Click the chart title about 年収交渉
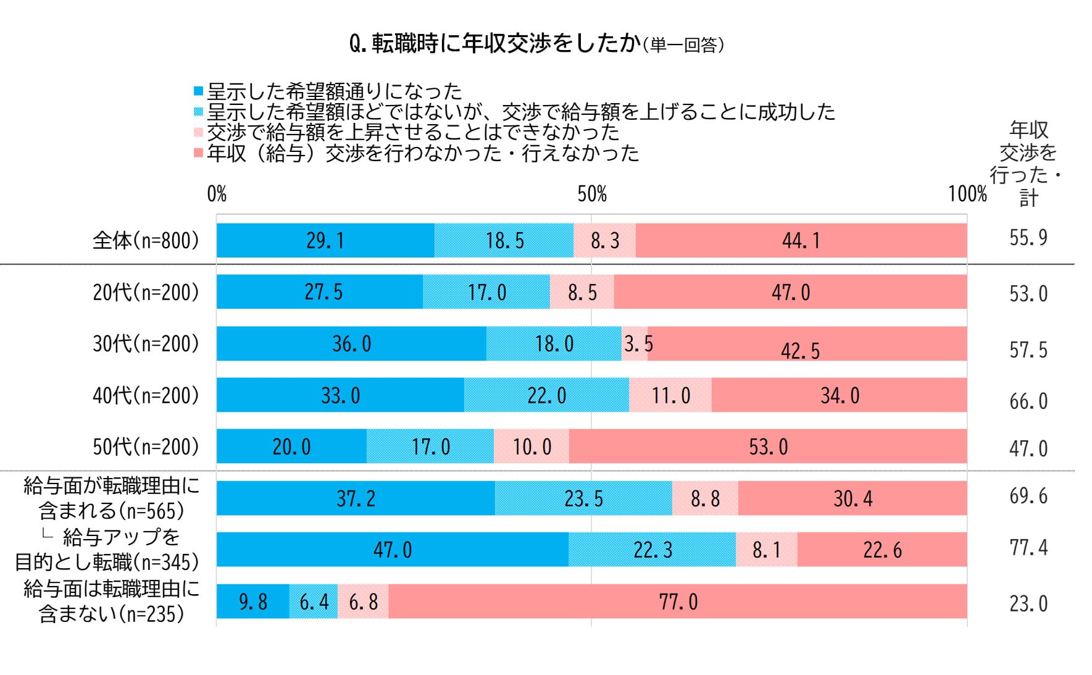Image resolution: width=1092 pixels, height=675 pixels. pyautogui.click(x=536, y=44)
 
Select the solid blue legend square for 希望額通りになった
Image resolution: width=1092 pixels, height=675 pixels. pyautogui.click(x=198, y=91)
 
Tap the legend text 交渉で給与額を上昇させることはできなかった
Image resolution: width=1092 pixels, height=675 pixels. pyautogui.click(x=412, y=132)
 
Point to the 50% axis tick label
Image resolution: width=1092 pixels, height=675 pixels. pyautogui.click(x=591, y=194)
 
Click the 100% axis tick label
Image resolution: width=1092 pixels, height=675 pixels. pyautogui.click(x=967, y=194)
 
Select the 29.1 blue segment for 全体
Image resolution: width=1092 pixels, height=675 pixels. pyautogui.click(x=325, y=240)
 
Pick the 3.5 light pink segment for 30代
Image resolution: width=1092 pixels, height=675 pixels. pyautogui.click(x=635, y=343)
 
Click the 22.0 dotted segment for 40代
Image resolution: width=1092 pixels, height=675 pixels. pyautogui.click(x=546, y=395)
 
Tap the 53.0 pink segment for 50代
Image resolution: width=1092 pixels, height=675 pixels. pyautogui.click(x=768, y=447)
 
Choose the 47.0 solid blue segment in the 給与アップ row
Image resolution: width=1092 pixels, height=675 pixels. pyautogui.click(x=392, y=550)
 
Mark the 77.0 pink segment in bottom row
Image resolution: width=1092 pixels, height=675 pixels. pyautogui.click(x=678, y=602)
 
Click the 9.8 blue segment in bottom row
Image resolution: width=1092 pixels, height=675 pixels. pyautogui.click(x=252, y=602)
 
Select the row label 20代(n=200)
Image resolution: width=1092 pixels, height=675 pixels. pyautogui.click(x=146, y=292)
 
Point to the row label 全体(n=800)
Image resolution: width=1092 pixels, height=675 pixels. pyautogui.click(x=146, y=240)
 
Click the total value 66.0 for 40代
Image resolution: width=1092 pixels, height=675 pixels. pyautogui.click(x=1028, y=401)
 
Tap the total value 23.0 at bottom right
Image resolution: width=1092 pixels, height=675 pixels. pyautogui.click(x=1028, y=603)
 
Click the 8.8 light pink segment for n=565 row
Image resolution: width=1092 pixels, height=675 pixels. pyautogui.click(x=705, y=498)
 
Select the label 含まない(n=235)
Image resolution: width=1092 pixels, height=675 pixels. pyautogui.click(x=111, y=614)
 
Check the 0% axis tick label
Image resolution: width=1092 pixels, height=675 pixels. pyautogui.click(x=217, y=194)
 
